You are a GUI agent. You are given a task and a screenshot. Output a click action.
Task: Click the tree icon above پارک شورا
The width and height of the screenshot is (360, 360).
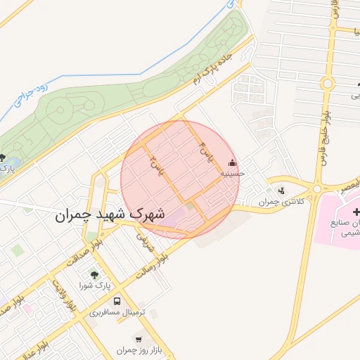[95, 275]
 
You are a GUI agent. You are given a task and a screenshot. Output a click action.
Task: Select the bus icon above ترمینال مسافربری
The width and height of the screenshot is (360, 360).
[117, 300]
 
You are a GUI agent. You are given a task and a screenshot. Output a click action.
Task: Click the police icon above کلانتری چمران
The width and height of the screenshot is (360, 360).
[283, 190]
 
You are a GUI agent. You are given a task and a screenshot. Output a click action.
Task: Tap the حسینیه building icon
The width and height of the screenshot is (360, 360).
[233, 163]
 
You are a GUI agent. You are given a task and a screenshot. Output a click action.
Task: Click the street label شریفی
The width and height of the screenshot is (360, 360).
[144, 243]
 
